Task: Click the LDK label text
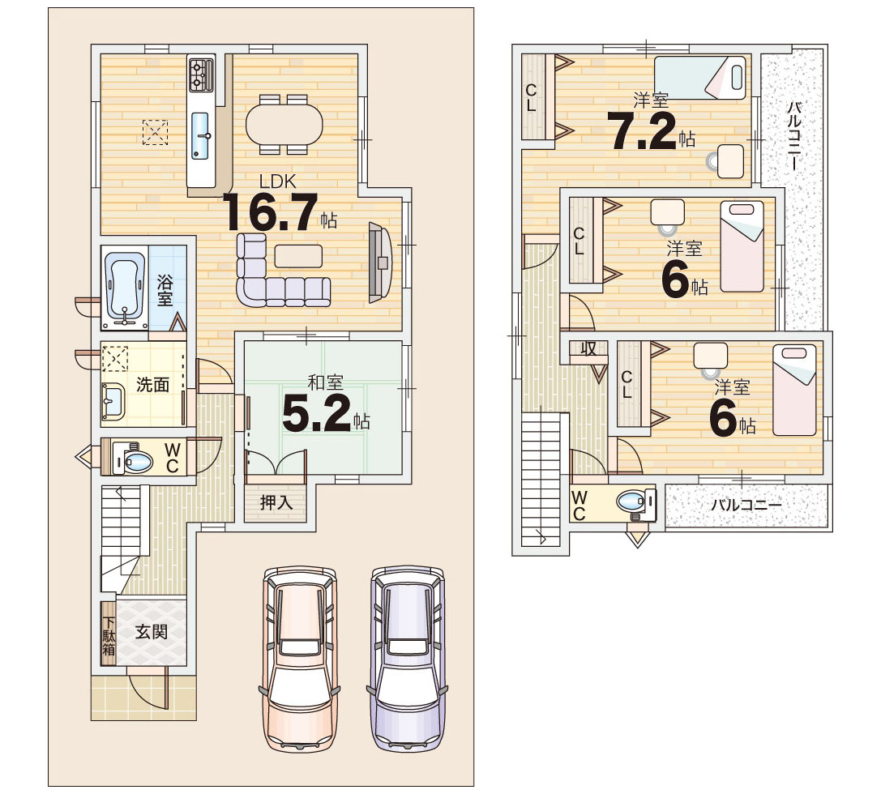(277, 181)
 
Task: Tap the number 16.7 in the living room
(270, 212)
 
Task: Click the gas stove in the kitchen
(201, 75)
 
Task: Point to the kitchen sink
(200, 135)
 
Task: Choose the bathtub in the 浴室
(126, 286)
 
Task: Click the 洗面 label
(153, 385)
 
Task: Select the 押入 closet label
(276, 502)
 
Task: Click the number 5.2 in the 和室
(318, 413)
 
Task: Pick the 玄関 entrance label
(152, 632)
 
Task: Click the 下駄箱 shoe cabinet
(109, 634)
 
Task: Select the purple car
(408, 660)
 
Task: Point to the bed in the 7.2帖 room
(700, 78)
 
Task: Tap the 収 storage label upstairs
(588, 349)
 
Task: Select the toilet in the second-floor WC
(636, 502)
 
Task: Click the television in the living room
(379, 263)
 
